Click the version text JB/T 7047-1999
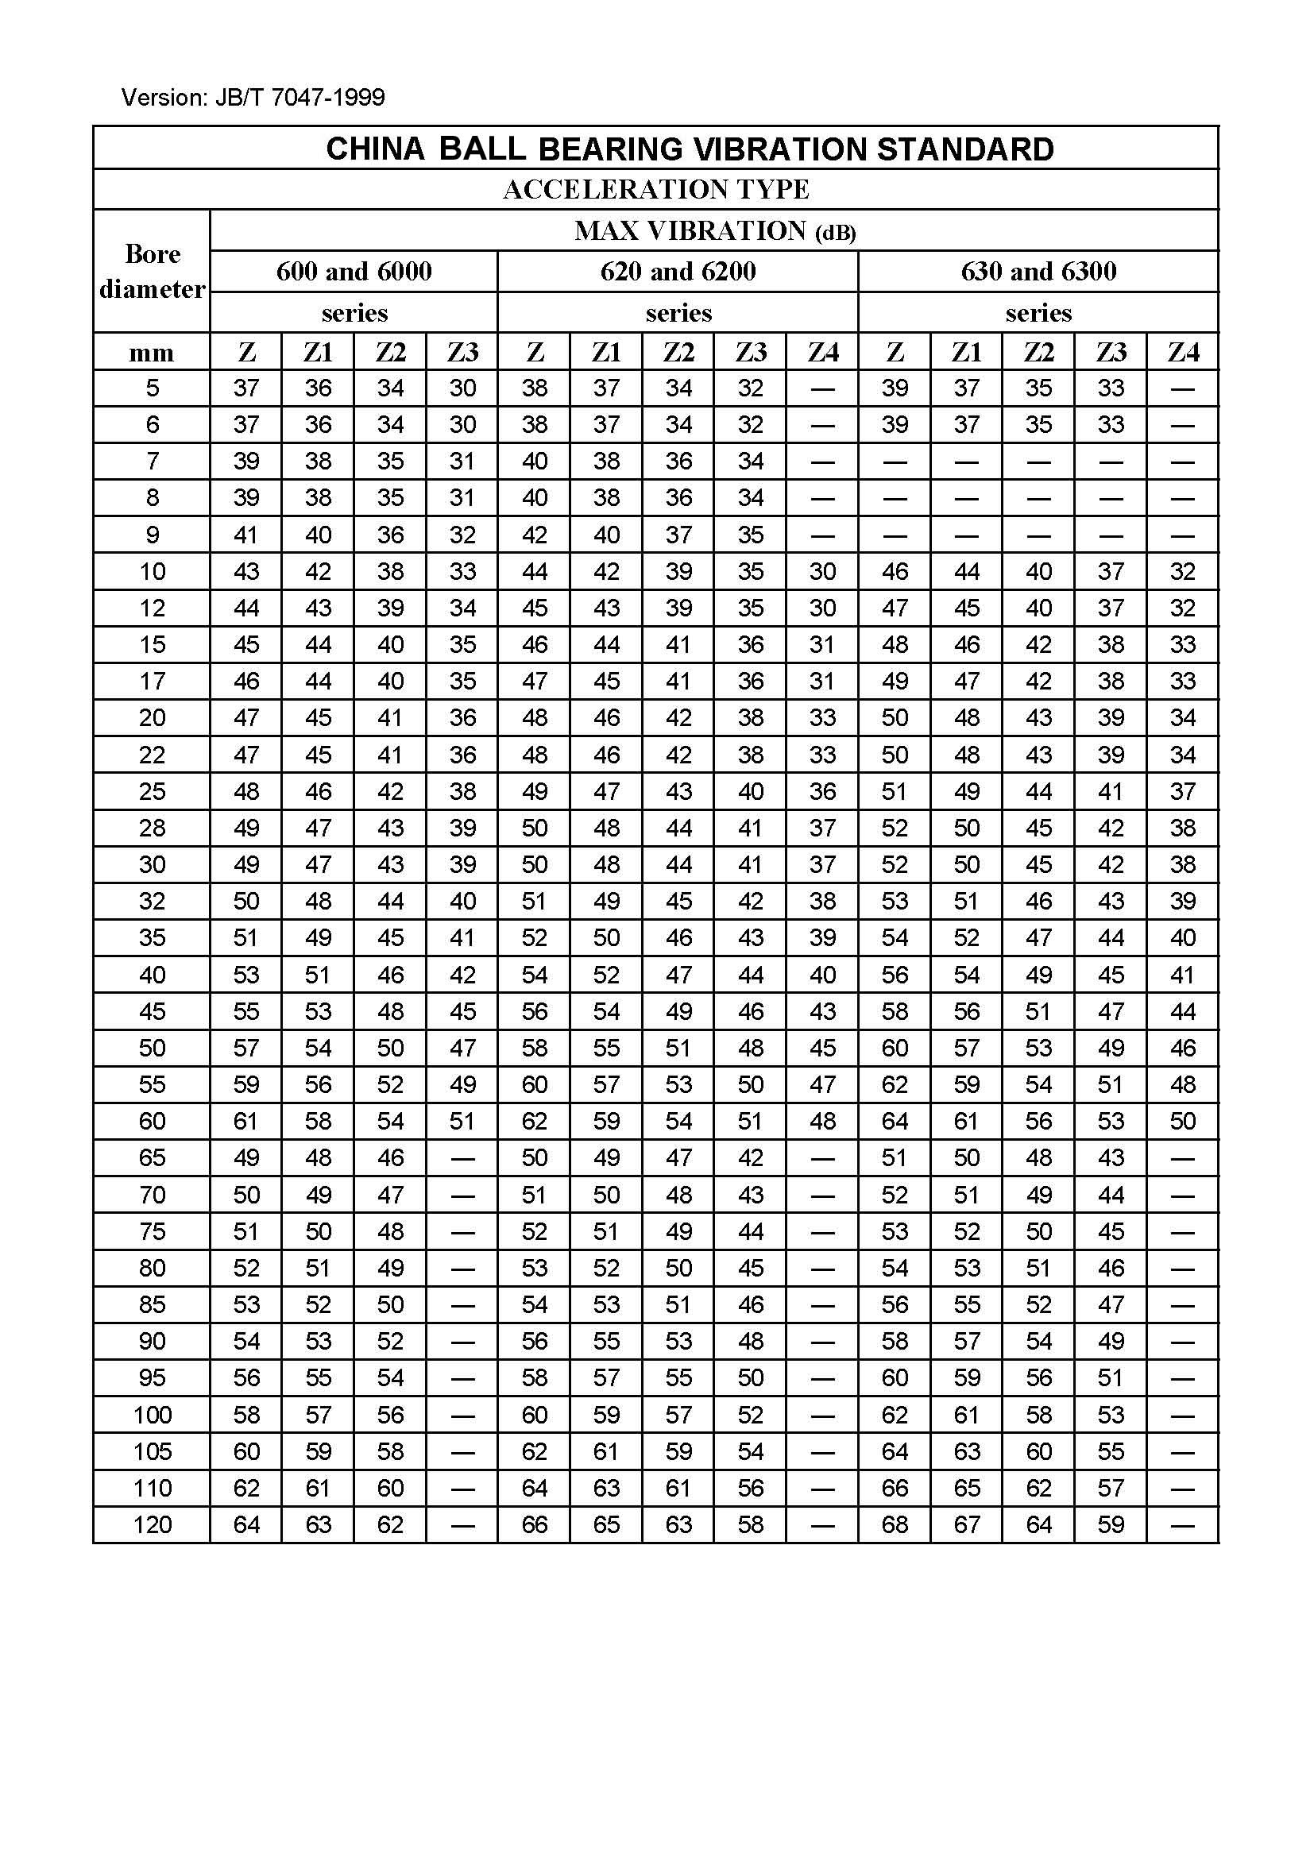point(253,98)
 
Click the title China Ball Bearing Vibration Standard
point(690,149)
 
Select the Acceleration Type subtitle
point(655,189)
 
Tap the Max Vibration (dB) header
point(714,231)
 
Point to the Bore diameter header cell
point(152,271)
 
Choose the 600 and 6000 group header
point(354,271)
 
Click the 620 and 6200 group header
point(678,271)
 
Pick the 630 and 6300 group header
point(1038,271)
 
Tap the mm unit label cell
point(152,353)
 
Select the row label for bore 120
point(152,1525)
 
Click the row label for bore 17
point(152,682)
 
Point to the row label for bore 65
point(152,1158)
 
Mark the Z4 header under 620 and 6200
point(822,353)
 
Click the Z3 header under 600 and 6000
point(462,353)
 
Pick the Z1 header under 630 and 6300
point(966,353)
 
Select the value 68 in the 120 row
point(894,1525)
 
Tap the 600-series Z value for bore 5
point(246,388)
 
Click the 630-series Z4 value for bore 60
point(1182,1122)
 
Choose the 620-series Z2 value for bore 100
point(678,1416)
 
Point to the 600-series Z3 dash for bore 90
point(462,1342)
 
